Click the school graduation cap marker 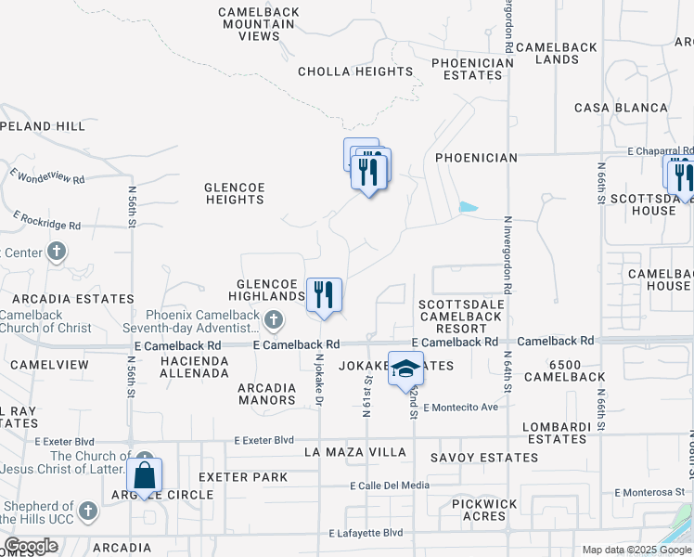point(405,369)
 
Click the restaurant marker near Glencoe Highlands point(324,295)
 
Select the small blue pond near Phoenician point(469,207)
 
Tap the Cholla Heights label point(355,71)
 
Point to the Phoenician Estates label point(472,70)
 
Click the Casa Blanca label point(621,108)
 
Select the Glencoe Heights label point(235,193)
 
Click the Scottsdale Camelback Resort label point(460,316)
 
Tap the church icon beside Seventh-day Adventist point(273,321)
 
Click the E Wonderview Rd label point(47,175)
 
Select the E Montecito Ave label point(460,408)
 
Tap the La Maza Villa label point(355,452)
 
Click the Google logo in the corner point(31,546)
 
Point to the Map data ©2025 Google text point(637,550)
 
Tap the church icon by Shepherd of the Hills point(87,511)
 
